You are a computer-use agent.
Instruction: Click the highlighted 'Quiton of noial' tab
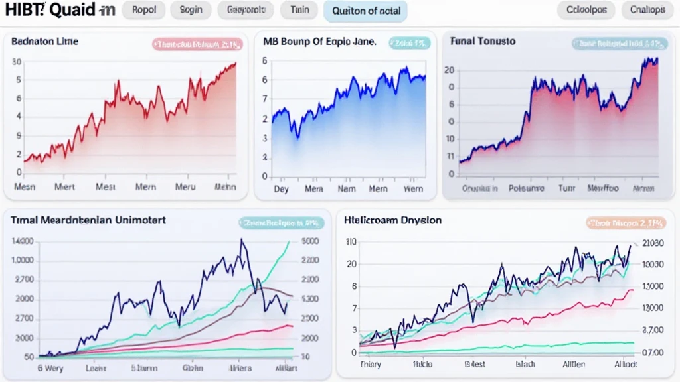coord(365,11)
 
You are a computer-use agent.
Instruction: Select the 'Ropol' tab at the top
coord(144,10)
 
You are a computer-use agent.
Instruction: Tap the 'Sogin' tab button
coord(191,10)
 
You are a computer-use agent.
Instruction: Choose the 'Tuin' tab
coord(299,10)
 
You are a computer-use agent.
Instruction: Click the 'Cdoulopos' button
coord(586,10)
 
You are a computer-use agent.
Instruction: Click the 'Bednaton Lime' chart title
coord(44,41)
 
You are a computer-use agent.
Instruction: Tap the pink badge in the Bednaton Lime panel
coord(197,44)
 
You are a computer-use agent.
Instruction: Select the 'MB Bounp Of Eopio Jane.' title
coord(319,41)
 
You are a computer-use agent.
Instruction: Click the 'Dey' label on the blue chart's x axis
coord(281,188)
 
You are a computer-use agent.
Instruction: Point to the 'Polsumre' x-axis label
coord(526,188)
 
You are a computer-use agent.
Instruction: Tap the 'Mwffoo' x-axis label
coord(603,188)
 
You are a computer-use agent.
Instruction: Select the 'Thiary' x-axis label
coord(371,364)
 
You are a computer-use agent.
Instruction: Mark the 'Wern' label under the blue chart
coord(413,188)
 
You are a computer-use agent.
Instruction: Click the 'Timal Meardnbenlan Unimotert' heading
coord(88,220)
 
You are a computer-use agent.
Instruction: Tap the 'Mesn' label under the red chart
coord(25,187)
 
